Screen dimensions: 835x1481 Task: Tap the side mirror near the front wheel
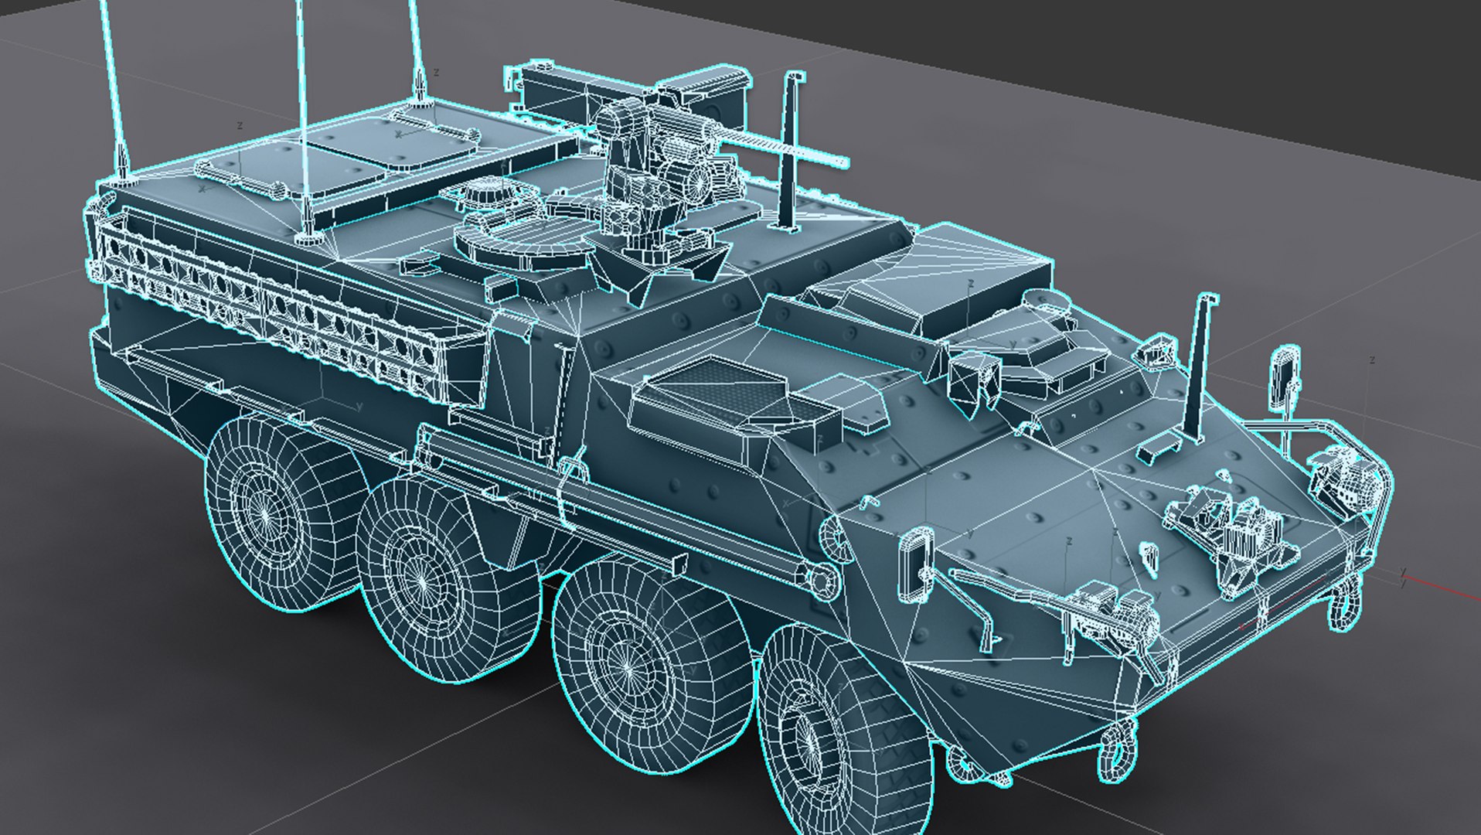pyautogui.click(x=917, y=564)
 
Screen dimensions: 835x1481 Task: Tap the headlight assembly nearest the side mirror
pyautogui.click(x=1113, y=611)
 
